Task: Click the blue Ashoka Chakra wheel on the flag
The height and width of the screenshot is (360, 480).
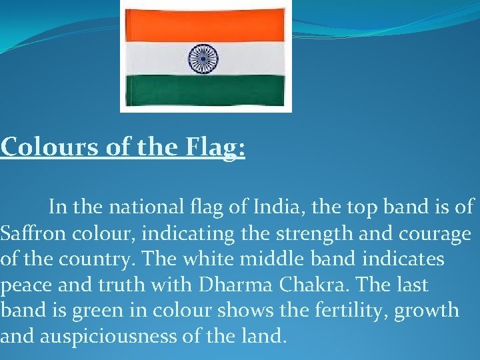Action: click(x=204, y=59)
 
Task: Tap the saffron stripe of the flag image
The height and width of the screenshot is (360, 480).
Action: click(x=206, y=26)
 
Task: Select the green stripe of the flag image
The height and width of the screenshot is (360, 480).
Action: click(x=206, y=89)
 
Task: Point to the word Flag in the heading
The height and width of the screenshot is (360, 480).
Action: click(x=211, y=147)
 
